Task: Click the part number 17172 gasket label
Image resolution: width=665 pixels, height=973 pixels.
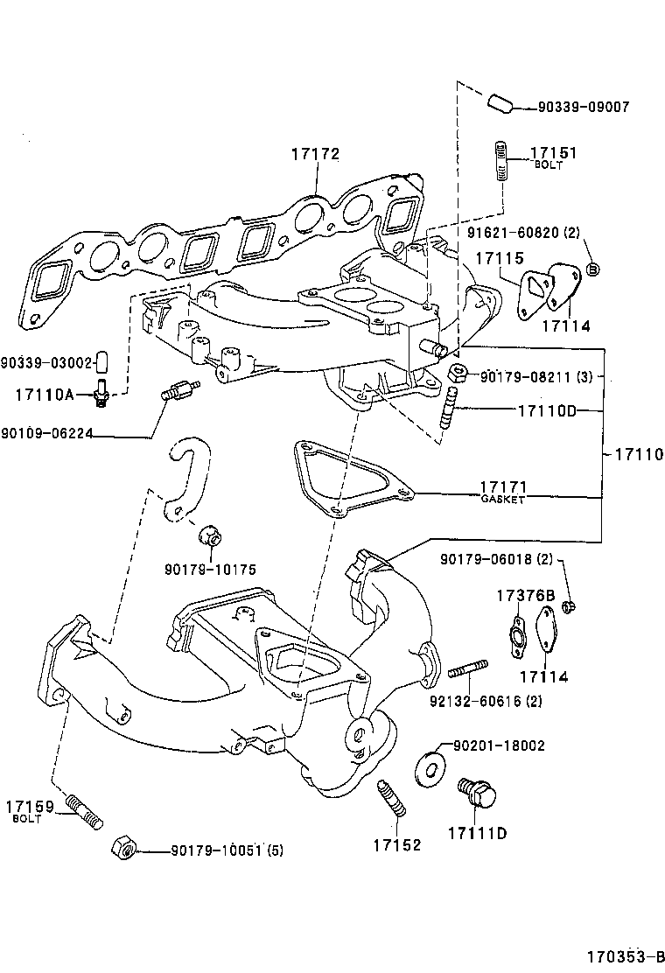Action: pyautogui.click(x=315, y=155)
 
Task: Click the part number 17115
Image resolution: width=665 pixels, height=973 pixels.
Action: pyautogui.click(x=499, y=259)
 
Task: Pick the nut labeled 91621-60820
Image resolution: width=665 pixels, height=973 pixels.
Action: pyautogui.click(x=592, y=268)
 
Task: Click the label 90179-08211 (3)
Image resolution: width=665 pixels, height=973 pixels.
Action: pyautogui.click(x=538, y=377)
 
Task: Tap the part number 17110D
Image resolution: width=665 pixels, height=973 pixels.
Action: pyautogui.click(x=547, y=410)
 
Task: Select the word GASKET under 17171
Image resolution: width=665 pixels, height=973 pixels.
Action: pyautogui.click(x=502, y=499)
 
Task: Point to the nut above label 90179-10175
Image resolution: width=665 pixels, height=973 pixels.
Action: pyautogui.click(x=210, y=533)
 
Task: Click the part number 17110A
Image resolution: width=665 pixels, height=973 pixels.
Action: pyautogui.click(x=44, y=395)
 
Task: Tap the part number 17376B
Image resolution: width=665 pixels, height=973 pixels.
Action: pyautogui.click(x=526, y=597)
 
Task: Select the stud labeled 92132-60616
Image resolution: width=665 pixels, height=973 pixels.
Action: pyautogui.click(x=468, y=672)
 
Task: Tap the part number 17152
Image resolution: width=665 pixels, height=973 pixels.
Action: pyautogui.click(x=396, y=844)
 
